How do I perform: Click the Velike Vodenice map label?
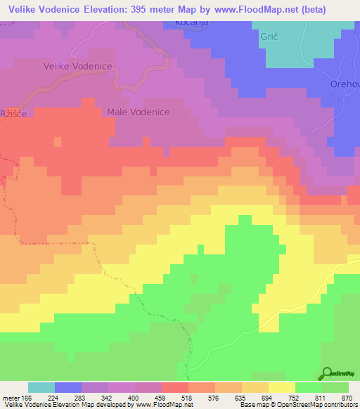[x=79, y=65]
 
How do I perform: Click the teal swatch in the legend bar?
[x=41, y=387]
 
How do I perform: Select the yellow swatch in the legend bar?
[x=282, y=387]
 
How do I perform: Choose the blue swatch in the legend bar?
[x=68, y=387]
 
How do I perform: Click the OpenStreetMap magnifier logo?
[x=327, y=372]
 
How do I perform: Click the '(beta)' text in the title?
[x=337, y=8]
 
